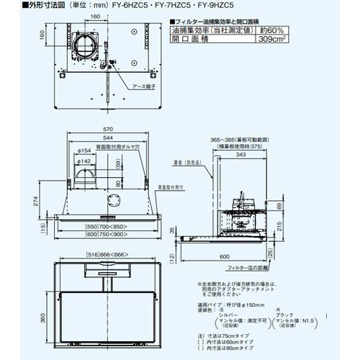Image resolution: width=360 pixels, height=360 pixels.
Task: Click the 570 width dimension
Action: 106,130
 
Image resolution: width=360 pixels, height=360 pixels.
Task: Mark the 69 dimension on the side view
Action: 279,207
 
